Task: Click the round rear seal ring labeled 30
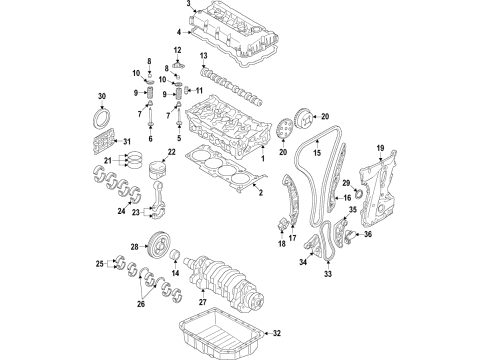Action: (102, 119)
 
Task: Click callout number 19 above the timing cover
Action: (379, 149)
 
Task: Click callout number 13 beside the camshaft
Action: (202, 56)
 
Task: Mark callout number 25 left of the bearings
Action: (99, 264)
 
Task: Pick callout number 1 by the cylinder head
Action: (263, 156)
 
